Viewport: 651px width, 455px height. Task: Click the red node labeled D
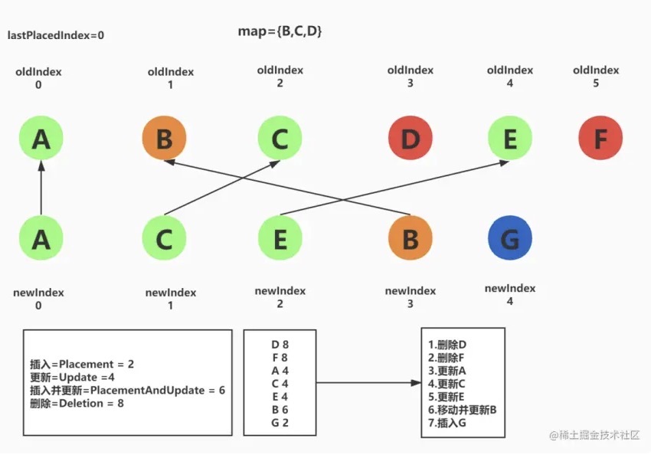point(411,138)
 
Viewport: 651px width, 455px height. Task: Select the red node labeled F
point(600,138)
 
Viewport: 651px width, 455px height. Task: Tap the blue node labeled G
point(510,238)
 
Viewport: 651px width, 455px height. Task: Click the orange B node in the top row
point(165,138)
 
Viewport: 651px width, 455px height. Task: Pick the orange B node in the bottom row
point(411,238)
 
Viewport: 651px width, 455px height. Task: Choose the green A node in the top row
point(41,138)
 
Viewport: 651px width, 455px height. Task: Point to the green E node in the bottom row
point(280,238)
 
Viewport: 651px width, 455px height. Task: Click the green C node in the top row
point(280,138)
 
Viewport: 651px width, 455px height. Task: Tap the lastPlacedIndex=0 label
point(56,35)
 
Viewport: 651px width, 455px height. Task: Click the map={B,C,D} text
point(280,31)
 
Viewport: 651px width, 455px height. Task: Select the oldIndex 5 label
point(596,77)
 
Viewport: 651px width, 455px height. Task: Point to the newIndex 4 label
point(510,294)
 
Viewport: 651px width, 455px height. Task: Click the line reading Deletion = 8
point(77,403)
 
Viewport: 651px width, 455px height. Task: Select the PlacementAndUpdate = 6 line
point(127,390)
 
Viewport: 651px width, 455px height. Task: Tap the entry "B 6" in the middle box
point(280,410)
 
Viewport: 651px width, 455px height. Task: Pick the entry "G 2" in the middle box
point(280,423)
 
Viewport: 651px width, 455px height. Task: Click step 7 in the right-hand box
point(447,423)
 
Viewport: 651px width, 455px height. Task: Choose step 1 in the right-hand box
point(447,345)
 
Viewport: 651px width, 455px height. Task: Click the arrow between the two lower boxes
point(368,383)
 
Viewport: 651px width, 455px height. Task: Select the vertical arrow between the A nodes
point(41,188)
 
